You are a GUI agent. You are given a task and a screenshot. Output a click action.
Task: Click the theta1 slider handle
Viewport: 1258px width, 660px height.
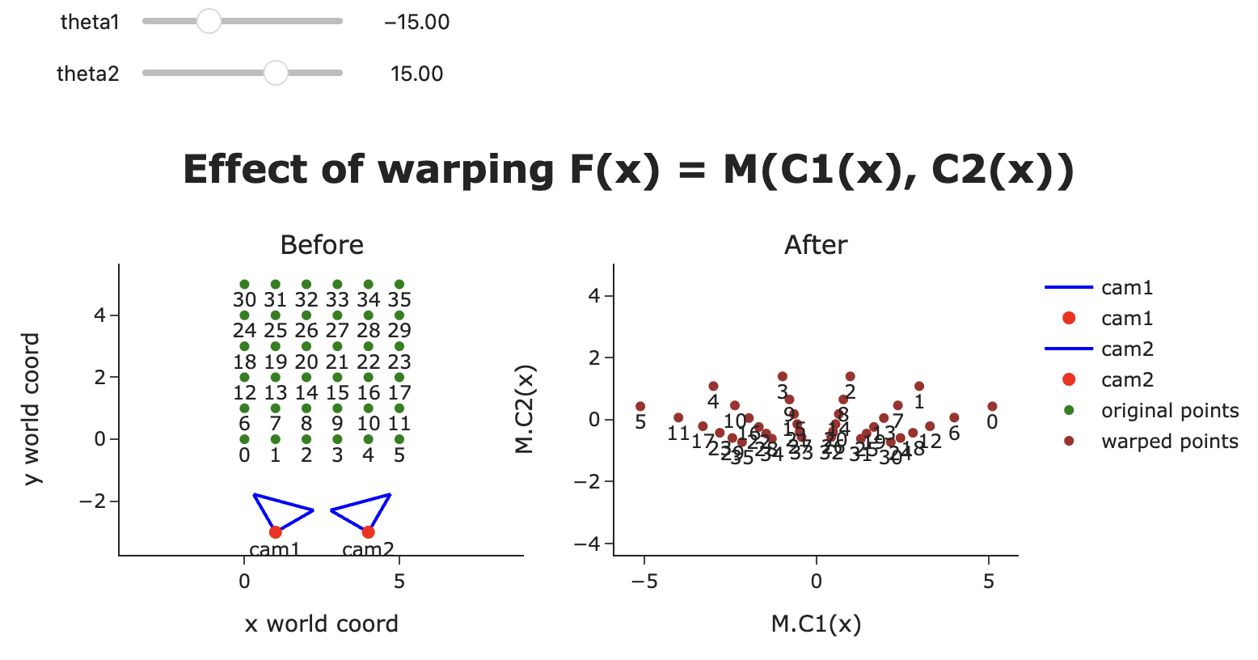point(209,22)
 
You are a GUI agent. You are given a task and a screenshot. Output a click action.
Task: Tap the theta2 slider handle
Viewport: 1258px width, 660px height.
point(276,74)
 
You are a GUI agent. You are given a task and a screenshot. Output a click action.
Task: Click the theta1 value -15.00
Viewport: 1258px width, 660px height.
point(416,22)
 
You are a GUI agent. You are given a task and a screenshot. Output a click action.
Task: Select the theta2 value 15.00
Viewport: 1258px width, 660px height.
point(416,74)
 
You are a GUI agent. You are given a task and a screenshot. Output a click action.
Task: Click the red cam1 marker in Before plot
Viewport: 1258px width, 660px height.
point(275,531)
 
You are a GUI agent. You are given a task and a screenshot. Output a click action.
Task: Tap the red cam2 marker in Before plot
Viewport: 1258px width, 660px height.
point(368,531)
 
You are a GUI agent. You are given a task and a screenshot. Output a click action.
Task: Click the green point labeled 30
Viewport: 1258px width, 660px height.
point(244,285)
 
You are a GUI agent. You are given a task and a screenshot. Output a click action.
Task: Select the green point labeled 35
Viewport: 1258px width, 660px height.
point(399,285)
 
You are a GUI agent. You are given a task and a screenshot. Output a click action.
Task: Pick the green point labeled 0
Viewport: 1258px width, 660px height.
point(244,439)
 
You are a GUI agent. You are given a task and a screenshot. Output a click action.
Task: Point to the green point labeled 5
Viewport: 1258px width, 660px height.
point(399,439)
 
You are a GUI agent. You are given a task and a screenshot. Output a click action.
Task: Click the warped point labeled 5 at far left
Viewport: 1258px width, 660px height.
point(640,406)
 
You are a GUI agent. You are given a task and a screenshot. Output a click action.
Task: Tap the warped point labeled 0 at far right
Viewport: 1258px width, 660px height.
point(992,406)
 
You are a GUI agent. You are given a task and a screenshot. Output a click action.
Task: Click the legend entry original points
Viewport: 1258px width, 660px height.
point(1169,411)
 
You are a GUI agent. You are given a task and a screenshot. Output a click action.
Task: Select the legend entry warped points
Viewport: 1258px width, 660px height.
point(1169,442)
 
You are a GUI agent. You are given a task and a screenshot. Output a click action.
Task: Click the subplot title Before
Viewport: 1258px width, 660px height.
point(322,245)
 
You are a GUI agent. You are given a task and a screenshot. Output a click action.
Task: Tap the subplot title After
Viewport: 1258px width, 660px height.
point(816,245)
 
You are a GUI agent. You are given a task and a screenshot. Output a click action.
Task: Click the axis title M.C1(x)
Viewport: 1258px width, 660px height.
point(816,624)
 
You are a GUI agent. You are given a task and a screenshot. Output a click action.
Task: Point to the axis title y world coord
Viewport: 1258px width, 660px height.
point(32,409)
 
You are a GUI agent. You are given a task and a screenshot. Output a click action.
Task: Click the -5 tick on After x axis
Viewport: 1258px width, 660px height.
point(644,581)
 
